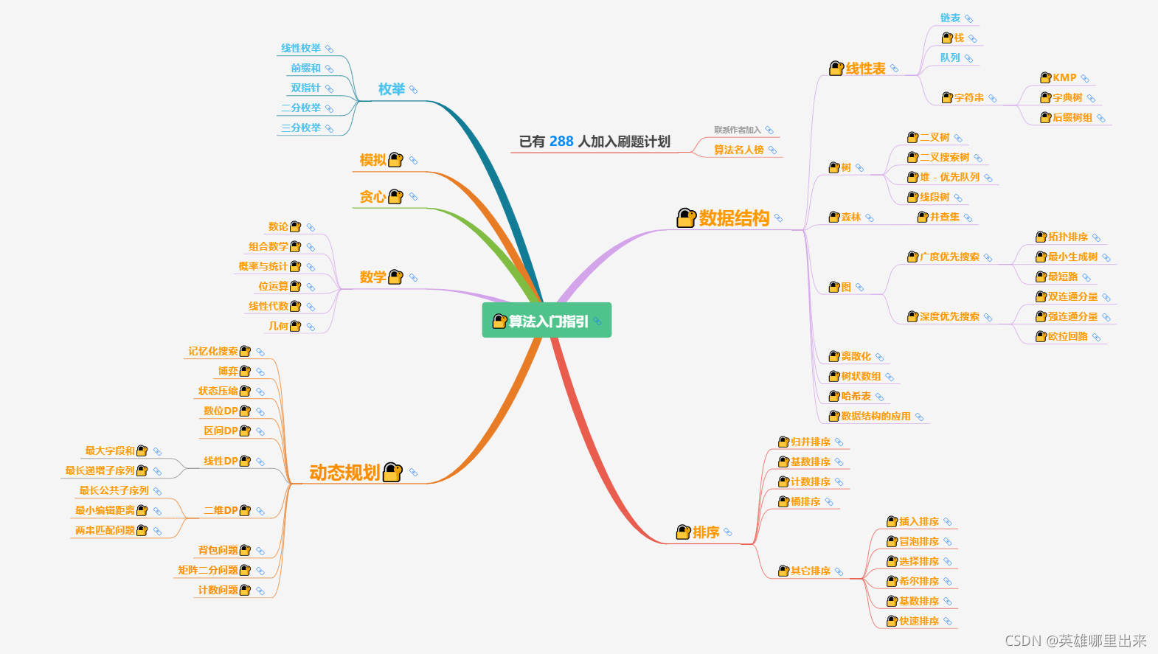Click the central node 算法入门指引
[547, 321]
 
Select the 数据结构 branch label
[734, 218]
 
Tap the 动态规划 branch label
[344, 473]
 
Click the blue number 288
[561, 142]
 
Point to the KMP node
[1064, 78]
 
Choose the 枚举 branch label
[392, 89]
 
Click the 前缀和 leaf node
[305, 68]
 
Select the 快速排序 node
[918, 621]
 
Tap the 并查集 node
[944, 217]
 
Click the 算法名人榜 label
[738, 150]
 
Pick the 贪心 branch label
[372, 197]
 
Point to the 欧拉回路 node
[1067, 336]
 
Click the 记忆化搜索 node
[213, 351]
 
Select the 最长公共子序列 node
[114, 490]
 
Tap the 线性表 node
[865, 69]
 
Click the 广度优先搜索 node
[949, 257]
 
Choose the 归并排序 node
[810, 442]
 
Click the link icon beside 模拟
[413, 160]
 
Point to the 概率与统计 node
[263, 266]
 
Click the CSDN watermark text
[1075, 641]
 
